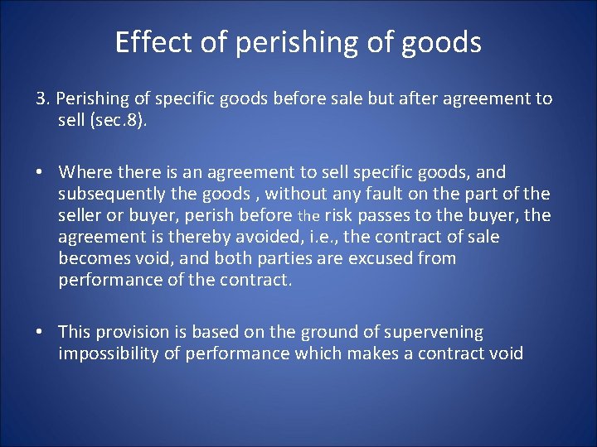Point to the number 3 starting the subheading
coord(41,99)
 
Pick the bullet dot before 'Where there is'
coord(40,172)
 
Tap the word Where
coord(80,172)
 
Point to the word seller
coord(81,215)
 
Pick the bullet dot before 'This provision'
coord(40,332)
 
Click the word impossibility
coord(109,353)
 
